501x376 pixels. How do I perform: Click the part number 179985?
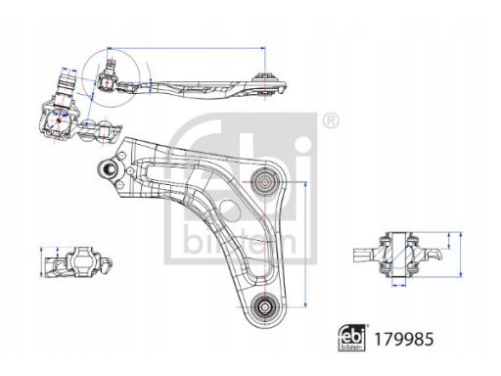[403, 339]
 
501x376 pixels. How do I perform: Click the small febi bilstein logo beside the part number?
[351, 338]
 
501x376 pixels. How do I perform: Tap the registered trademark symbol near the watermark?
[331, 120]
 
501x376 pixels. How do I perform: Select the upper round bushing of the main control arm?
[265, 181]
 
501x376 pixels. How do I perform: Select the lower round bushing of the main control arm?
[265, 306]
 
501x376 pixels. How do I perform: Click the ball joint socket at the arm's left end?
[108, 169]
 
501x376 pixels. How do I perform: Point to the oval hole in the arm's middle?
[230, 211]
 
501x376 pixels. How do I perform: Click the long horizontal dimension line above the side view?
[186, 48]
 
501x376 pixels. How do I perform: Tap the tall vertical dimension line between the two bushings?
[305, 244]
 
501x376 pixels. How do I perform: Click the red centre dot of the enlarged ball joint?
[59, 120]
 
